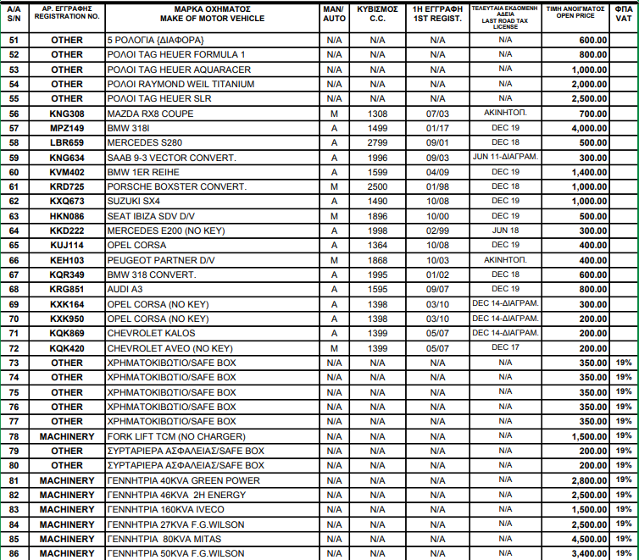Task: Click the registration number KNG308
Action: coord(67,114)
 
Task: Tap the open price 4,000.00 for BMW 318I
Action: coord(575,128)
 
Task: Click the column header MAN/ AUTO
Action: coord(334,13)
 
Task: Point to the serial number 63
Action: coord(14,216)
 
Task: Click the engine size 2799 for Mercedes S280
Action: coord(377,142)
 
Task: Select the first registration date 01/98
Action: coord(437,186)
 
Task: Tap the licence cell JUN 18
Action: coord(505,230)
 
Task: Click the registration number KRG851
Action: coord(67,289)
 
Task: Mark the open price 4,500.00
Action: coord(575,539)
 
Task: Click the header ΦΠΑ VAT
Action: coord(623,13)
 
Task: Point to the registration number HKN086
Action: coord(67,216)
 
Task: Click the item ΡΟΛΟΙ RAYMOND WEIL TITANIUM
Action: coord(181,84)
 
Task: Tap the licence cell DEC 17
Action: coord(505,347)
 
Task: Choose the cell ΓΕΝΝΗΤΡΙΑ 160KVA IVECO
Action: coord(165,509)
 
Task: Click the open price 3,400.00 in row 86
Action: coord(575,553)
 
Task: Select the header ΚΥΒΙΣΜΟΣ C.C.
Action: coord(377,13)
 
